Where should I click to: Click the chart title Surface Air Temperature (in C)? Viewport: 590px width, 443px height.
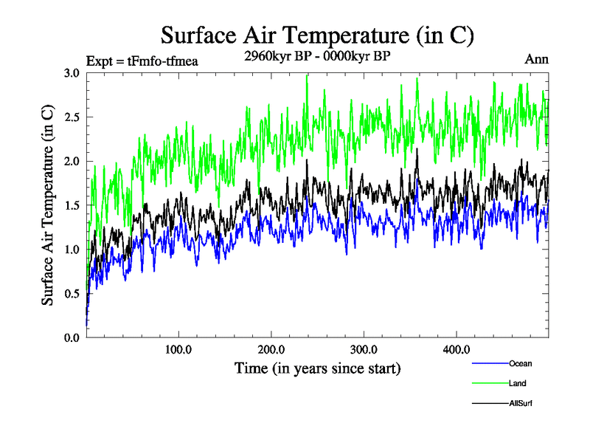pyautogui.click(x=317, y=35)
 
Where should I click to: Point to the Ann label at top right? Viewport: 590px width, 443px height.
pyautogui.click(x=536, y=59)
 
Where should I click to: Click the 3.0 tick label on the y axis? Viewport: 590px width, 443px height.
pyautogui.click(x=72, y=73)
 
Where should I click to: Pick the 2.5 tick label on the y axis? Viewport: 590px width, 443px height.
pyautogui.click(x=72, y=117)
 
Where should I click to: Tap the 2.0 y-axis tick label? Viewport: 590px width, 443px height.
pyautogui.click(x=72, y=162)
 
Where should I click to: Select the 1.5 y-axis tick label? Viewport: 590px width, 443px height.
pyautogui.click(x=72, y=205)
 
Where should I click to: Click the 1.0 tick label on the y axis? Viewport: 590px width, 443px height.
pyautogui.click(x=72, y=250)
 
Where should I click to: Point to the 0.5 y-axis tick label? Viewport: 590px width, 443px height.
pyautogui.click(x=72, y=294)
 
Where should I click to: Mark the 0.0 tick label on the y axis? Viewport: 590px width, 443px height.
pyautogui.click(x=72, y=337)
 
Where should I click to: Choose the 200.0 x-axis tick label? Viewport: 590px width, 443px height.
pyautogui.click(x=272, y=348)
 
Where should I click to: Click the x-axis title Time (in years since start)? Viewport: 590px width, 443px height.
pyautogui.click(x=317, y=368)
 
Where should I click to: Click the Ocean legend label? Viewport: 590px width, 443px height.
pyautogui.click(x=520, y=363)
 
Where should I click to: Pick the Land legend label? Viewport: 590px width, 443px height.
pyautogui.click(x=518, y=383)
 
